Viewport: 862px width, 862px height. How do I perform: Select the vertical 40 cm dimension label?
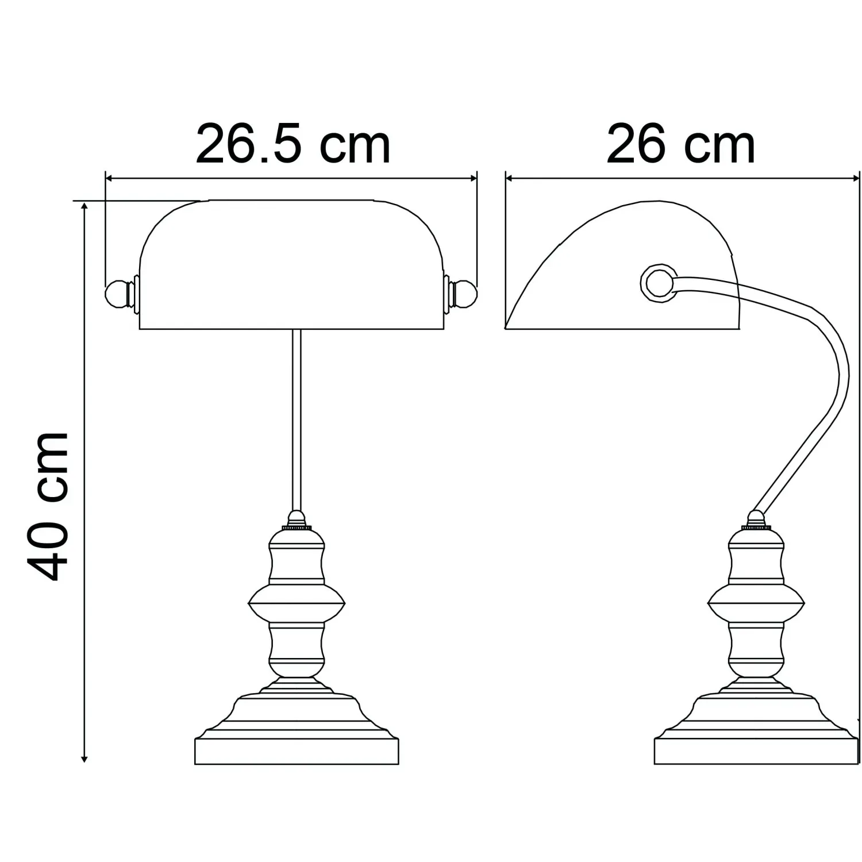(48, 506)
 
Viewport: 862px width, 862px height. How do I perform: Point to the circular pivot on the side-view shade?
(658, 282)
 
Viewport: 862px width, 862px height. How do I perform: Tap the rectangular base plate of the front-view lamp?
(297, 751)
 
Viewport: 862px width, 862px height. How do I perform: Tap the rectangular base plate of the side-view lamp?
(756, 751)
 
